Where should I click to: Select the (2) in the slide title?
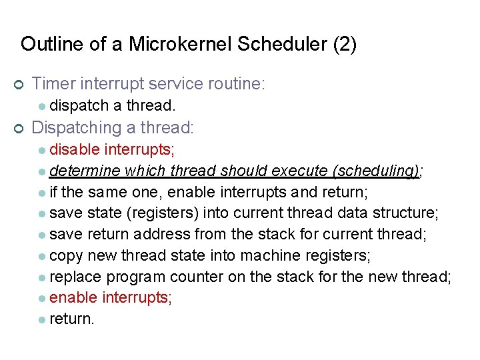[x=344, y=45]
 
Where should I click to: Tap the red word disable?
[x=75, y=149]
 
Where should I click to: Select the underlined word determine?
[x=84, y=170]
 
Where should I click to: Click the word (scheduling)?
[x=377, y=170]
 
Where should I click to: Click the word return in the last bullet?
[x=71, y=319]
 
